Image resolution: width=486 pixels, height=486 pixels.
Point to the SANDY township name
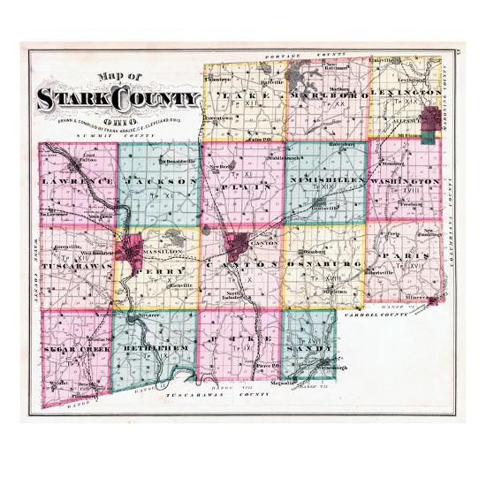click(308, 348)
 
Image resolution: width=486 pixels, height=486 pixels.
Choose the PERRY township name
click(168, 264)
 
